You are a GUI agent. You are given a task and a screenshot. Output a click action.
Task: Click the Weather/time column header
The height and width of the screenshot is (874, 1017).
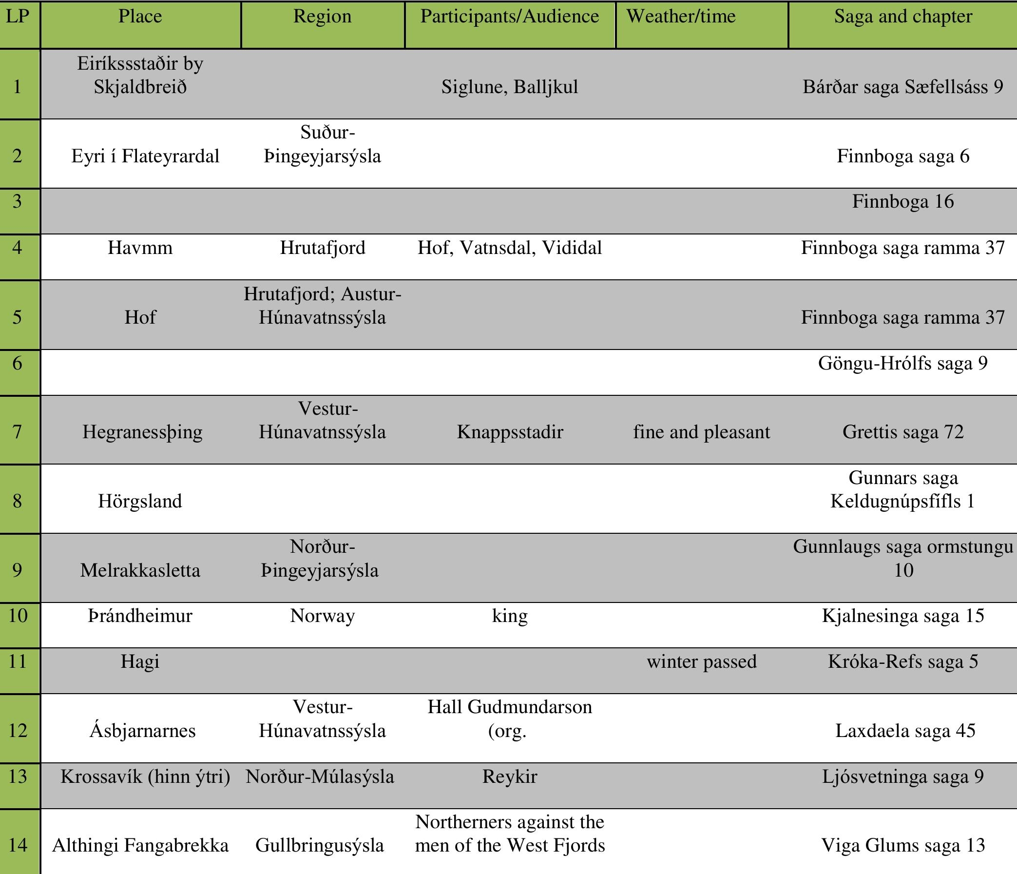[x=681, y=17]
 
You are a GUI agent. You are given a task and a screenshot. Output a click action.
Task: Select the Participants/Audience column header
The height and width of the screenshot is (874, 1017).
[x=510, y=17]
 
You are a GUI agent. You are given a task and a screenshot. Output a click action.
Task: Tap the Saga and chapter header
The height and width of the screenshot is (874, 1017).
[x=902, y=17]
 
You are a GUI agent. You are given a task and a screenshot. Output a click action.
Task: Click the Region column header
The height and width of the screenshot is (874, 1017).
[x=322, y=17]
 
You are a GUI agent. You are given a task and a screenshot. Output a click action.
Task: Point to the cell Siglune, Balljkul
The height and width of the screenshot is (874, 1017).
[x=510, y=87]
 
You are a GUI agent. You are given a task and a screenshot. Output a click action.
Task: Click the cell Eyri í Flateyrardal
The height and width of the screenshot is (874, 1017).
[x=145, y=156]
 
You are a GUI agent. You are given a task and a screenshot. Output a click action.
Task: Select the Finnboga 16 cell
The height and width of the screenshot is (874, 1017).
[x=902, y=201]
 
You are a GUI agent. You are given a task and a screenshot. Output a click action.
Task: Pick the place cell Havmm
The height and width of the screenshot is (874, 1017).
[x=140, y=248]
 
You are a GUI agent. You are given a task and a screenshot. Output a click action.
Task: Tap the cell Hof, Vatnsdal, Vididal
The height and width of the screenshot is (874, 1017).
[x=510, y=248]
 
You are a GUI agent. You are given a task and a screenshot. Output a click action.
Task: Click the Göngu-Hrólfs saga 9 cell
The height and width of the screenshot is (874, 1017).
[x=902, y=363]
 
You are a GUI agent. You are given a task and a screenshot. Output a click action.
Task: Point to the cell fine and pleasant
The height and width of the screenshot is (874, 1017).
[x=701, y=432]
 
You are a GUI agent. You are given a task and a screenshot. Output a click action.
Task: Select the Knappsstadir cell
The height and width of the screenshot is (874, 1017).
[x=510, y=432]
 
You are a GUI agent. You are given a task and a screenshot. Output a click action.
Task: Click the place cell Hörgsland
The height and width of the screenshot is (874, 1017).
[x=140, y=501]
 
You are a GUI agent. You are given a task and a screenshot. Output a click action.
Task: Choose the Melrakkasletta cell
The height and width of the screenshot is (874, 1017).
[x=140, y=570]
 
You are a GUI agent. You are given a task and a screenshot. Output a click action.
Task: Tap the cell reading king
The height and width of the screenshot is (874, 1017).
[x=510, y=616]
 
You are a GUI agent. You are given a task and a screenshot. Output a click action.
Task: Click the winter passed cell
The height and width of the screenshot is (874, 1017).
[x=701, y=662]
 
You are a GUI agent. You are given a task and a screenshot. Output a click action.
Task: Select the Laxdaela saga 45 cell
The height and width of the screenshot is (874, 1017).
[x=905, y=731]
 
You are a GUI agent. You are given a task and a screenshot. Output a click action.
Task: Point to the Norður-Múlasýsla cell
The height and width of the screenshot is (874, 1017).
[x=320, y=777]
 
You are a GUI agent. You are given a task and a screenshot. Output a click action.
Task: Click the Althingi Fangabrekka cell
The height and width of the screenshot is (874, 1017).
[x=140, y=846]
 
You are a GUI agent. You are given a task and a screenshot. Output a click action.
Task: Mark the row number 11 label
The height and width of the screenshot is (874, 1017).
[x=18, y=662]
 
